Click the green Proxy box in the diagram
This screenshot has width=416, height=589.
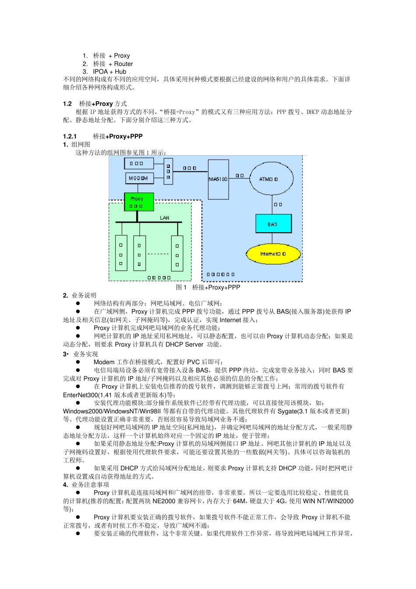(x=139, y=202)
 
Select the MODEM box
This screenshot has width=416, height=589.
(x=139, y=178)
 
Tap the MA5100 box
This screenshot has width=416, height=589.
(x=218, y=179)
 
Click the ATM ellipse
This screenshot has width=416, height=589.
(x=271, y=179)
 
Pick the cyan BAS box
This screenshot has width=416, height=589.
(x=273, y=224)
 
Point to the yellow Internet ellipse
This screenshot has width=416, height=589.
(x=273, y=254)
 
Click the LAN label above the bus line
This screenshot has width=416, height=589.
(x=165, y=218)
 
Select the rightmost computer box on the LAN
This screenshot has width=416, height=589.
(x=177, y=253)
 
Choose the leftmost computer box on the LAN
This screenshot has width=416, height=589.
(x=121, y=253)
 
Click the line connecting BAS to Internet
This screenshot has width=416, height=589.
(x=272, y=238)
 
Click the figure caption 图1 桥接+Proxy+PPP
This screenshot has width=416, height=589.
(x=208, y=287)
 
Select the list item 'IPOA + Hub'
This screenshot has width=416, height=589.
(x=109, y=71)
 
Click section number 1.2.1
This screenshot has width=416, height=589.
(x=70, y=136)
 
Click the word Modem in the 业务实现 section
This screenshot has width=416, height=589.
(x=104, y=362)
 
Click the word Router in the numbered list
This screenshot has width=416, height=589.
(x=123, y=64)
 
